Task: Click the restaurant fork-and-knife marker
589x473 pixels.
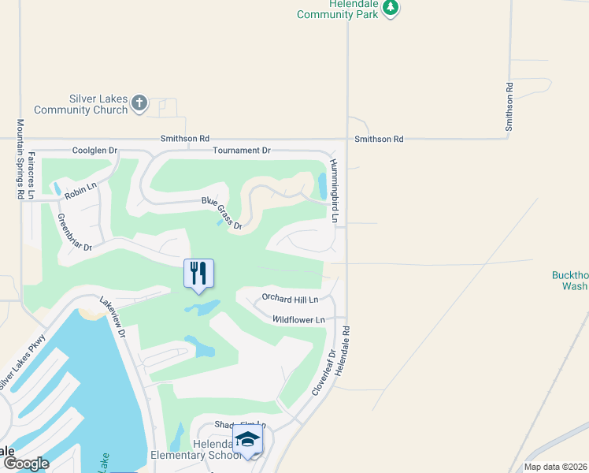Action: click(x=198, y=274)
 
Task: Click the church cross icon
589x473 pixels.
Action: click(x=139, y=102)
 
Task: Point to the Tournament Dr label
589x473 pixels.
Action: click(x=241, y=150)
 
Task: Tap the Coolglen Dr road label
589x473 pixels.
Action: click(x=94, y=150)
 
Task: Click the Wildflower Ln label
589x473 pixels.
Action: click(x=298, y=320)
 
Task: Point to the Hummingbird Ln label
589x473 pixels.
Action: click(x=335, y=190)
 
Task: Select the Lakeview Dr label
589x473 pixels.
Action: click(x=113, y=317)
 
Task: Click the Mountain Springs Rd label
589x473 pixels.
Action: click(x=20, y=159)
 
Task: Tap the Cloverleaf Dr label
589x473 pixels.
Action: click(x=323, y=371)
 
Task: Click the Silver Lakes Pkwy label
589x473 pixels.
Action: click(x=23, y=362)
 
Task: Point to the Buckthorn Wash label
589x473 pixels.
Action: click(x=569, y=280)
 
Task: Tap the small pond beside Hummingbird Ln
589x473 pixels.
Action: click(x=322, y=185)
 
